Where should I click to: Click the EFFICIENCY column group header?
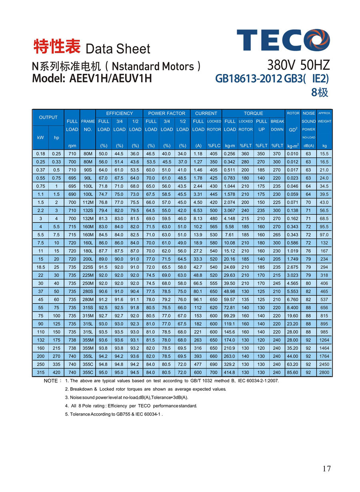pyautogui.click(x=119, y=113)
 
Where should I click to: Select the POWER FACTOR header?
pyautogui.click(x=166, y=113)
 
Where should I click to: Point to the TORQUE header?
pyautogui.click(x=253, y=113)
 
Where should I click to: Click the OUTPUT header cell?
pyautogui.click(x=48, y=117)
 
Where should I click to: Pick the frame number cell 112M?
pyautogui.click(x=88, y=202)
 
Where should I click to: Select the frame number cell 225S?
pyautogui.click(x=88, y=267)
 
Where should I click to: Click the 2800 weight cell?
pyautogui.click(x=324, y=372)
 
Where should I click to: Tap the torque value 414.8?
pyautogui.click(x=230, y=372)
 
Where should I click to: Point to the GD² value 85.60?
pyautogui.click(x=293, y=372)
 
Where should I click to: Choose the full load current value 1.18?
pyautogui.click(x=198, y=154)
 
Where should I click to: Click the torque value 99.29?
pyautogui.click(x=230, y=316)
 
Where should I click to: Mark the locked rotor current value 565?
pyautogui.click(x=214, y=226)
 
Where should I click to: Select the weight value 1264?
pyautogui.click(x=324, y=340)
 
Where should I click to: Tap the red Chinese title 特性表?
pyautogui.click(x=57, y=47)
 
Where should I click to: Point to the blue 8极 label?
pyautogui.click(x=320, y=93)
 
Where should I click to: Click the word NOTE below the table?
pyautogui.click(x=51, y=381)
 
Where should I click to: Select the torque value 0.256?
pyautogui.click(x=230, y=154)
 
